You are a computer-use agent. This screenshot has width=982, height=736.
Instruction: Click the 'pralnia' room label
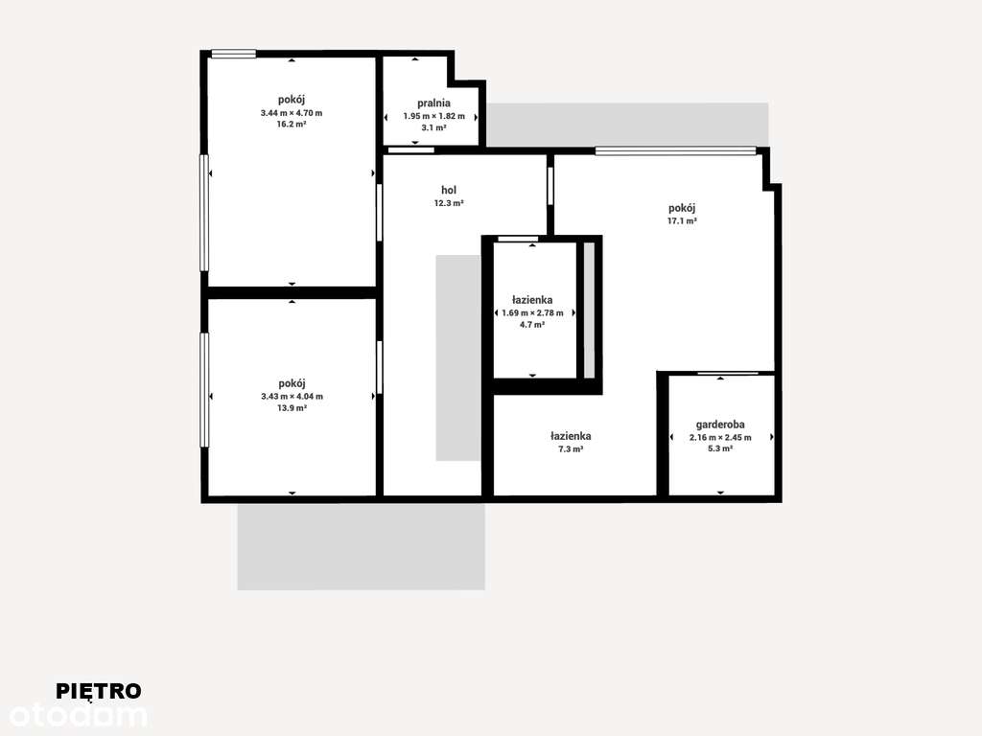(433, 103)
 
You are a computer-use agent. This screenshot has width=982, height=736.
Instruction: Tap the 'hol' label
(449, 190)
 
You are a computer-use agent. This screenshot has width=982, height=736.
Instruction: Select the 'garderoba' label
(720, 425)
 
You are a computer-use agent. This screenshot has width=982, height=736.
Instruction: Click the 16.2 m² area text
(292, 125)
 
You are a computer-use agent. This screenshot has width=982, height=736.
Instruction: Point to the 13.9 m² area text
(292, 408)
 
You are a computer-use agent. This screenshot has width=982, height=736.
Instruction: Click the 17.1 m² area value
(682, 220)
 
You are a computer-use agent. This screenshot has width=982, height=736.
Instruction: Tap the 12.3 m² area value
(449, 203)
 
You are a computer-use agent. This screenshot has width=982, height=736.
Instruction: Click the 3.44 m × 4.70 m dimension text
(292, 113)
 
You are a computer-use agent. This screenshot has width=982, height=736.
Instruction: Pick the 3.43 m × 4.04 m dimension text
(292, 397)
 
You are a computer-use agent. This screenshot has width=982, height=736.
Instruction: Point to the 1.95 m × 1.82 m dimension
(433, 116)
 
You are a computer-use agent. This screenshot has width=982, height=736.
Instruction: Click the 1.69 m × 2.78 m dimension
(532, 312)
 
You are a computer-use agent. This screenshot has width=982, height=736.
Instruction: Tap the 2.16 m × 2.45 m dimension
(720, 437)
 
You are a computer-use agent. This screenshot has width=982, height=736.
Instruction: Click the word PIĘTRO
(99, 691)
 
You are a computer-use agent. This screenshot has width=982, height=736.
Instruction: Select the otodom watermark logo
(79, 715)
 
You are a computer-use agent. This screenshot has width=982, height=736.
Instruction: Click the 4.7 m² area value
(532, 325)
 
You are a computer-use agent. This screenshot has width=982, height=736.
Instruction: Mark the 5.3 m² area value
(720, 448)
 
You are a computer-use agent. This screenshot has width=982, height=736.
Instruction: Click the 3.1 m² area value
(433, 127)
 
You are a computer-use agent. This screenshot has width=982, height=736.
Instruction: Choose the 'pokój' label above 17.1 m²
(682, 208)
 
